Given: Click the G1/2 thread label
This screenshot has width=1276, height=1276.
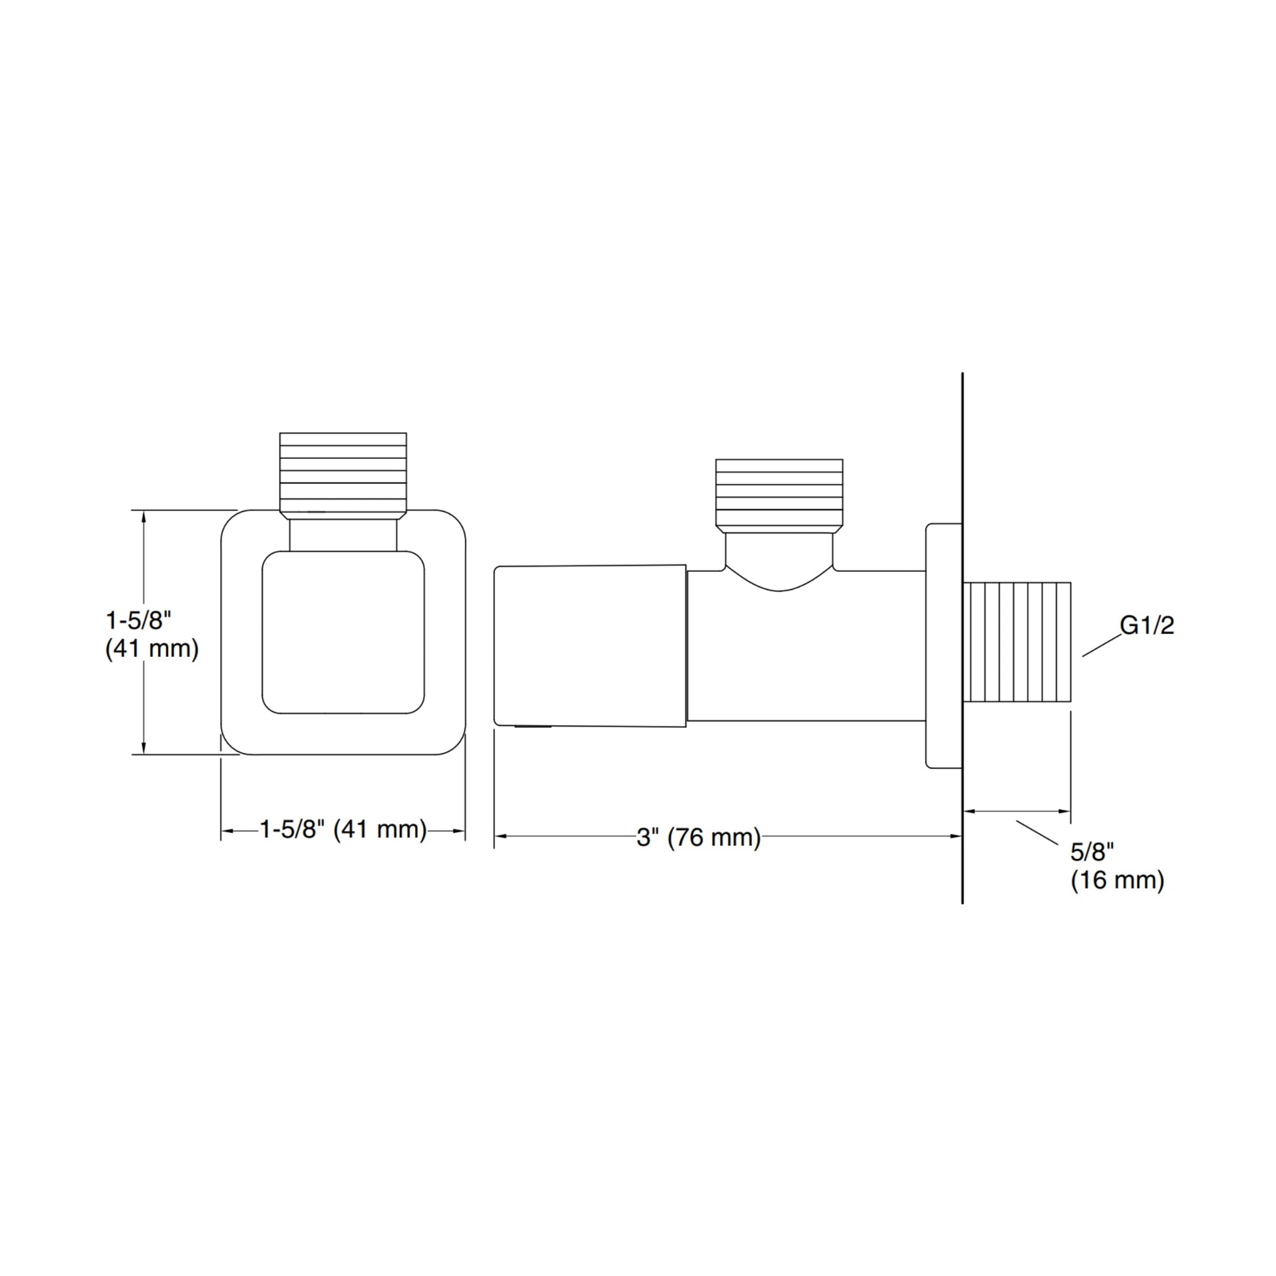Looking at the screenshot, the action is [1147, 625].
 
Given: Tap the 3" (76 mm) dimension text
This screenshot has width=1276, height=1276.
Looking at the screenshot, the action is [699, 837].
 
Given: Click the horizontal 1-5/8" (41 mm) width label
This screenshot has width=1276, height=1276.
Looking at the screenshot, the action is [344, 829].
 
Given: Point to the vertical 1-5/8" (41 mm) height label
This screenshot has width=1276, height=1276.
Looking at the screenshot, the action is [152, 635].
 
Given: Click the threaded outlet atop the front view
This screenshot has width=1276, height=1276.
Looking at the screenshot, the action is [344, 474].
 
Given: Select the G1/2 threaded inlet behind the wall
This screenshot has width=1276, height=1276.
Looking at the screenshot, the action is [1017, 642].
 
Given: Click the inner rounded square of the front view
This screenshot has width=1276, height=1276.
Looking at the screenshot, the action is [344, 632].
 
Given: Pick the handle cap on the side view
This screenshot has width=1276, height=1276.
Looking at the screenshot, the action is [590, 646].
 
